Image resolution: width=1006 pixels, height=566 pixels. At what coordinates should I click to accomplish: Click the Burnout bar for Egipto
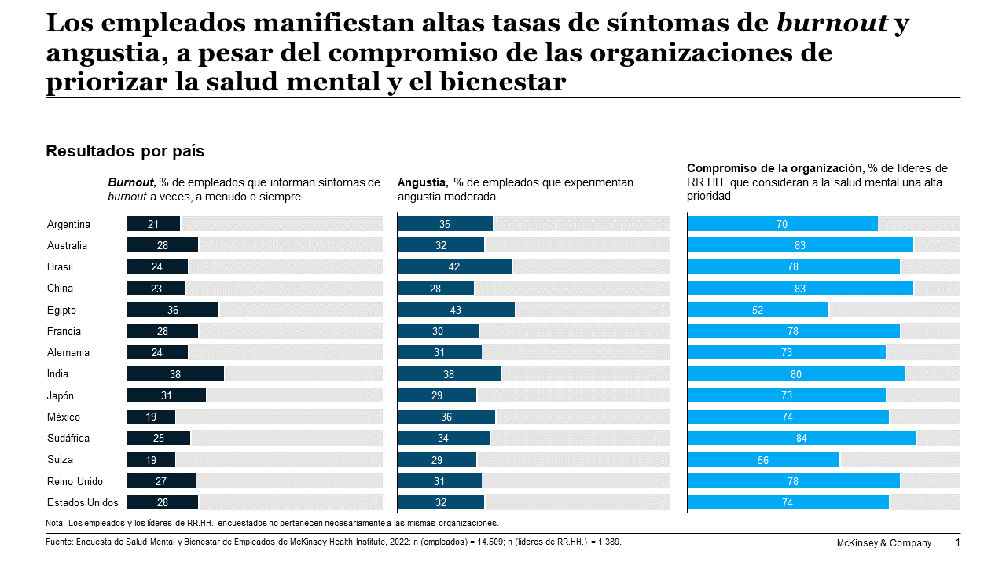pos(173,310)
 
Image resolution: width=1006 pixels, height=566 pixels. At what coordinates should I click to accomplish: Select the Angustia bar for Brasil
pos(454,266)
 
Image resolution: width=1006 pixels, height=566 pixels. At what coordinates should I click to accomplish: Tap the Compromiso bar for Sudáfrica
pos(802,438)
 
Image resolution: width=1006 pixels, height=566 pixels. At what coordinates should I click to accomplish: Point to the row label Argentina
pos(68,224)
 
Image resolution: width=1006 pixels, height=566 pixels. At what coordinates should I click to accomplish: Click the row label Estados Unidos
pos(83,502)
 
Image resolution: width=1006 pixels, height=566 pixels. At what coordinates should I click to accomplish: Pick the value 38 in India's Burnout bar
pos(175,374)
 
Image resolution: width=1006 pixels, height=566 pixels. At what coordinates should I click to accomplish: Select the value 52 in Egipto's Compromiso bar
pos(758,310)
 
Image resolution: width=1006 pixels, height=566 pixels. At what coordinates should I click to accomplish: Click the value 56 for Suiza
pos(763,460)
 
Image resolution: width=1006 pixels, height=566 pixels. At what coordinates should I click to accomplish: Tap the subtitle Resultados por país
pos(125,151)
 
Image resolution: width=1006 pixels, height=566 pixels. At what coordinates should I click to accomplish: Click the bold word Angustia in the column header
pos(422,182)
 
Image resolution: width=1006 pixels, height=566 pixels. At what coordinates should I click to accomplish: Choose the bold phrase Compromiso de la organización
pos(775,168)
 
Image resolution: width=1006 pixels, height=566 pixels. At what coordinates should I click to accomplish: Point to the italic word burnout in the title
pos(832,24)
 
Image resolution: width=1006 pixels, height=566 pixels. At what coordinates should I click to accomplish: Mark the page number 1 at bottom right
pos(957,542)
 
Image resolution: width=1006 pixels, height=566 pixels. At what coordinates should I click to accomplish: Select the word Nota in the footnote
pos(55,523)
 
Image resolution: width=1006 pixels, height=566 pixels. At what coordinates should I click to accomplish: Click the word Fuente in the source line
pos(60,542)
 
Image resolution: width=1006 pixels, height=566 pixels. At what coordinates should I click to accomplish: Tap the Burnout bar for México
pos(151,417)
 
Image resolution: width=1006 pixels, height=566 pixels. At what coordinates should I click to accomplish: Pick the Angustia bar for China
pos(435,289)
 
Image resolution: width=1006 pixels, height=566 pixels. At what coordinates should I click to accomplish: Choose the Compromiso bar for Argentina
pos(782,224)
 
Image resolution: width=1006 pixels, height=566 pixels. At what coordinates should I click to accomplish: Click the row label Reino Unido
pos(75,481)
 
